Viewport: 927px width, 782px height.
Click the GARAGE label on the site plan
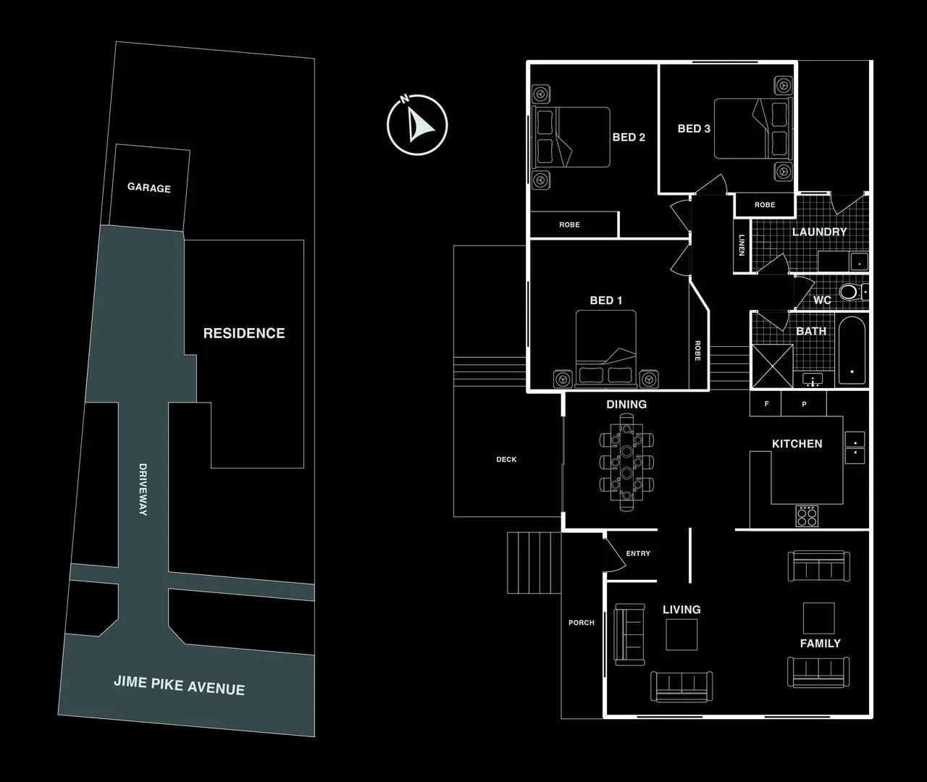149,188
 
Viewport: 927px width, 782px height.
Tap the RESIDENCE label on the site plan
244,333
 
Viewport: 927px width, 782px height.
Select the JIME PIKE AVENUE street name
180,685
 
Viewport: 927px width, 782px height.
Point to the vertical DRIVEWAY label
143,489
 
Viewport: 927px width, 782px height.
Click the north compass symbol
417,125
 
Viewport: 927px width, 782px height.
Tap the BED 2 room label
629,138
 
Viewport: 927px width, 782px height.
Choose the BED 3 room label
694,129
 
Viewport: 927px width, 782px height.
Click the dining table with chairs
626,462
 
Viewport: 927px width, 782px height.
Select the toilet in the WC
853,292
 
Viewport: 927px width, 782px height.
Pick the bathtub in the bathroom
852,350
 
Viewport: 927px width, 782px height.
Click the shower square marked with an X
773,366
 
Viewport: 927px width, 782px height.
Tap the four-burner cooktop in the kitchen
807,516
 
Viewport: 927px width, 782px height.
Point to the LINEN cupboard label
742,245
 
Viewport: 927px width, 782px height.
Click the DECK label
506,459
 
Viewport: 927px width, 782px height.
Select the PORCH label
581,623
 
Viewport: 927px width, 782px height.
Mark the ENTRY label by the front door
638,553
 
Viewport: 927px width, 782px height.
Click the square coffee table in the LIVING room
681,635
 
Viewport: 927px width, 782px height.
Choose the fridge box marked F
765,403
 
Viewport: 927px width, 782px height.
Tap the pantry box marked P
804,403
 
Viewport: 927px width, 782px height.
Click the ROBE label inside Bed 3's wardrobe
765,205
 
